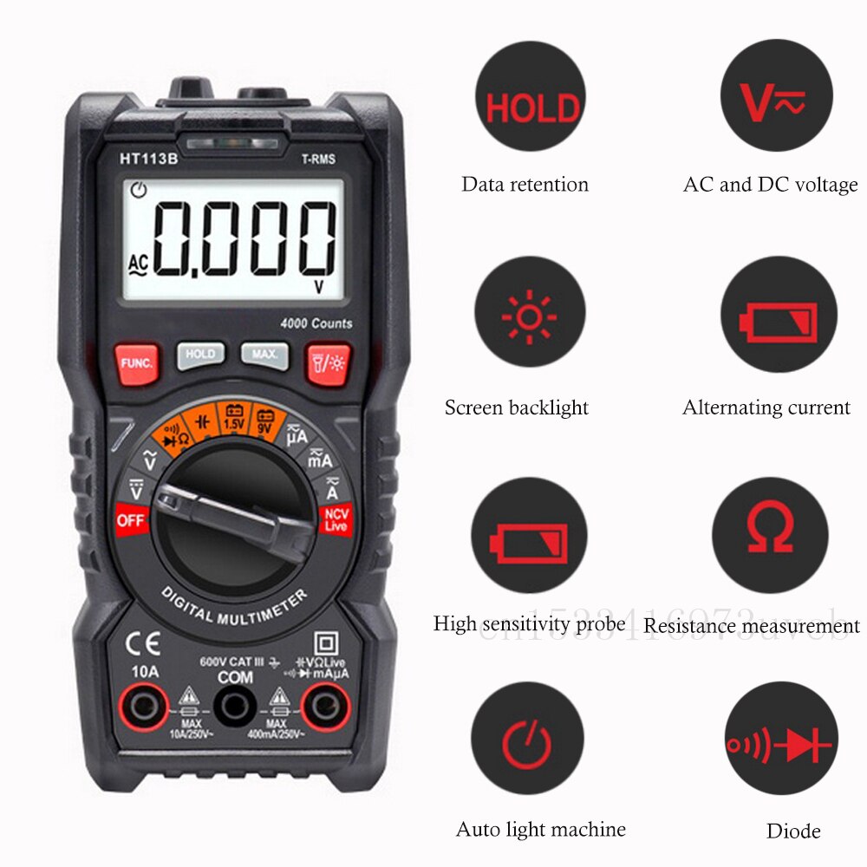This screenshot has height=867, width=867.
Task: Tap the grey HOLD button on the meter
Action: [200, 355]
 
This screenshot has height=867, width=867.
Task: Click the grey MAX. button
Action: [264, 355]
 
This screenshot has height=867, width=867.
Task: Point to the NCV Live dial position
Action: [336, 519]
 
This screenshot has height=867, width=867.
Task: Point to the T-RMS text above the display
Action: [318, 159]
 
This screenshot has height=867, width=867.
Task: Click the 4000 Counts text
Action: [316, 323]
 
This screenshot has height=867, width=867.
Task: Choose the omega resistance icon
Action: [770, 530]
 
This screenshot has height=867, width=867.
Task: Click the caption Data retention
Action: [525, 185]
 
